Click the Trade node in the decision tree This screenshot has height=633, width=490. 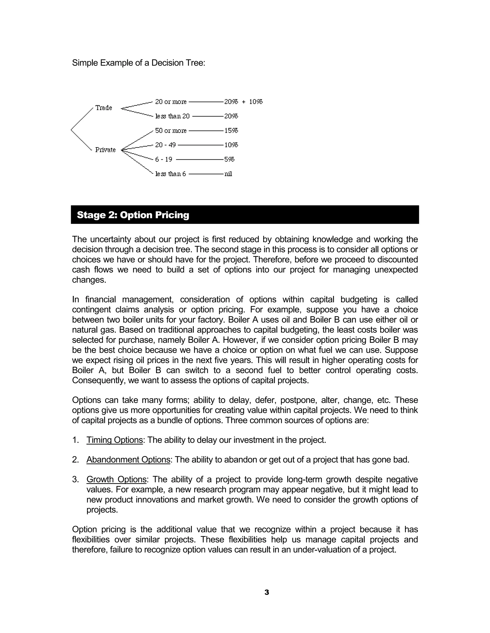click(x=104, y=108)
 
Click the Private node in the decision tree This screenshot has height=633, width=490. click(x=105, y=150)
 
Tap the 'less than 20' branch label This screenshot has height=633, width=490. click(x=173, y=116)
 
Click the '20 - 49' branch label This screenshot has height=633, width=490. click(x=166, y=145)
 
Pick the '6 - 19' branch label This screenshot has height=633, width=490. click(x=164, y=159)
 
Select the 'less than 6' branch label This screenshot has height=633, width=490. click(x=171, y=174)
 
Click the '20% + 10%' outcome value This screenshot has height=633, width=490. click(x=243, y=102)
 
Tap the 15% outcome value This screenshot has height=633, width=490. click(x=231, y=131)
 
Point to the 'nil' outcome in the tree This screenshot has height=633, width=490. click(x=228, y=174)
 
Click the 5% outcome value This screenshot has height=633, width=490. click(x=229, y=159)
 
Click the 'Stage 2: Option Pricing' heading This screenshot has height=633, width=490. click(x=133, y=215)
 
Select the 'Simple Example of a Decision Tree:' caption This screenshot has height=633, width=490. click(x=139, y=63)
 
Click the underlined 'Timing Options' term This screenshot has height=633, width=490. click(x=115, y=440)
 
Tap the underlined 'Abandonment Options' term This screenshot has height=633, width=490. click(x=128, y=460)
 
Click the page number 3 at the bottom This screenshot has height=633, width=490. click(x=267, y=592)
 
